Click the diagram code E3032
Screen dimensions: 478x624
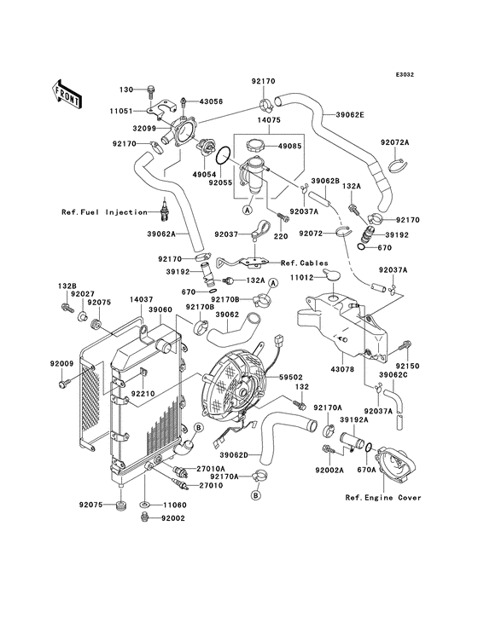click(x=405, y=74)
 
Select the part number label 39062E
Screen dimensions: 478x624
click(x=350, y=115)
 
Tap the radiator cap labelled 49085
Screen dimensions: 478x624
click(x=256, y=145)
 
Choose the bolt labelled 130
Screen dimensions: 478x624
click(x=150, y=92)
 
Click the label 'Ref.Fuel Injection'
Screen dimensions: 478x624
click(x=104, y=212)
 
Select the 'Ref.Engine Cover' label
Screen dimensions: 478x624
click(x=383, y=498)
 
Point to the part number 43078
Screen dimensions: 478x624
click(x=342, y=369)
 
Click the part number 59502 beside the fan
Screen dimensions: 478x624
click(x=291, y=377)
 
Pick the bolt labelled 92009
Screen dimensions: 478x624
click(x=64, y=384)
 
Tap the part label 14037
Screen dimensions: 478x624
click(x=142, y=300)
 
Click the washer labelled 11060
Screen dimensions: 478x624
click(x=145, y=505)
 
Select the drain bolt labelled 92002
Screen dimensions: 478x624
click(x=145, y=517)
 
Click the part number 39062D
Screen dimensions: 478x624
click(x=234, y=454)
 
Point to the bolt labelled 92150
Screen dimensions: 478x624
click(x=405, y=347)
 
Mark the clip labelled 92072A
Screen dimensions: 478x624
click(x=395, y=165)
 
